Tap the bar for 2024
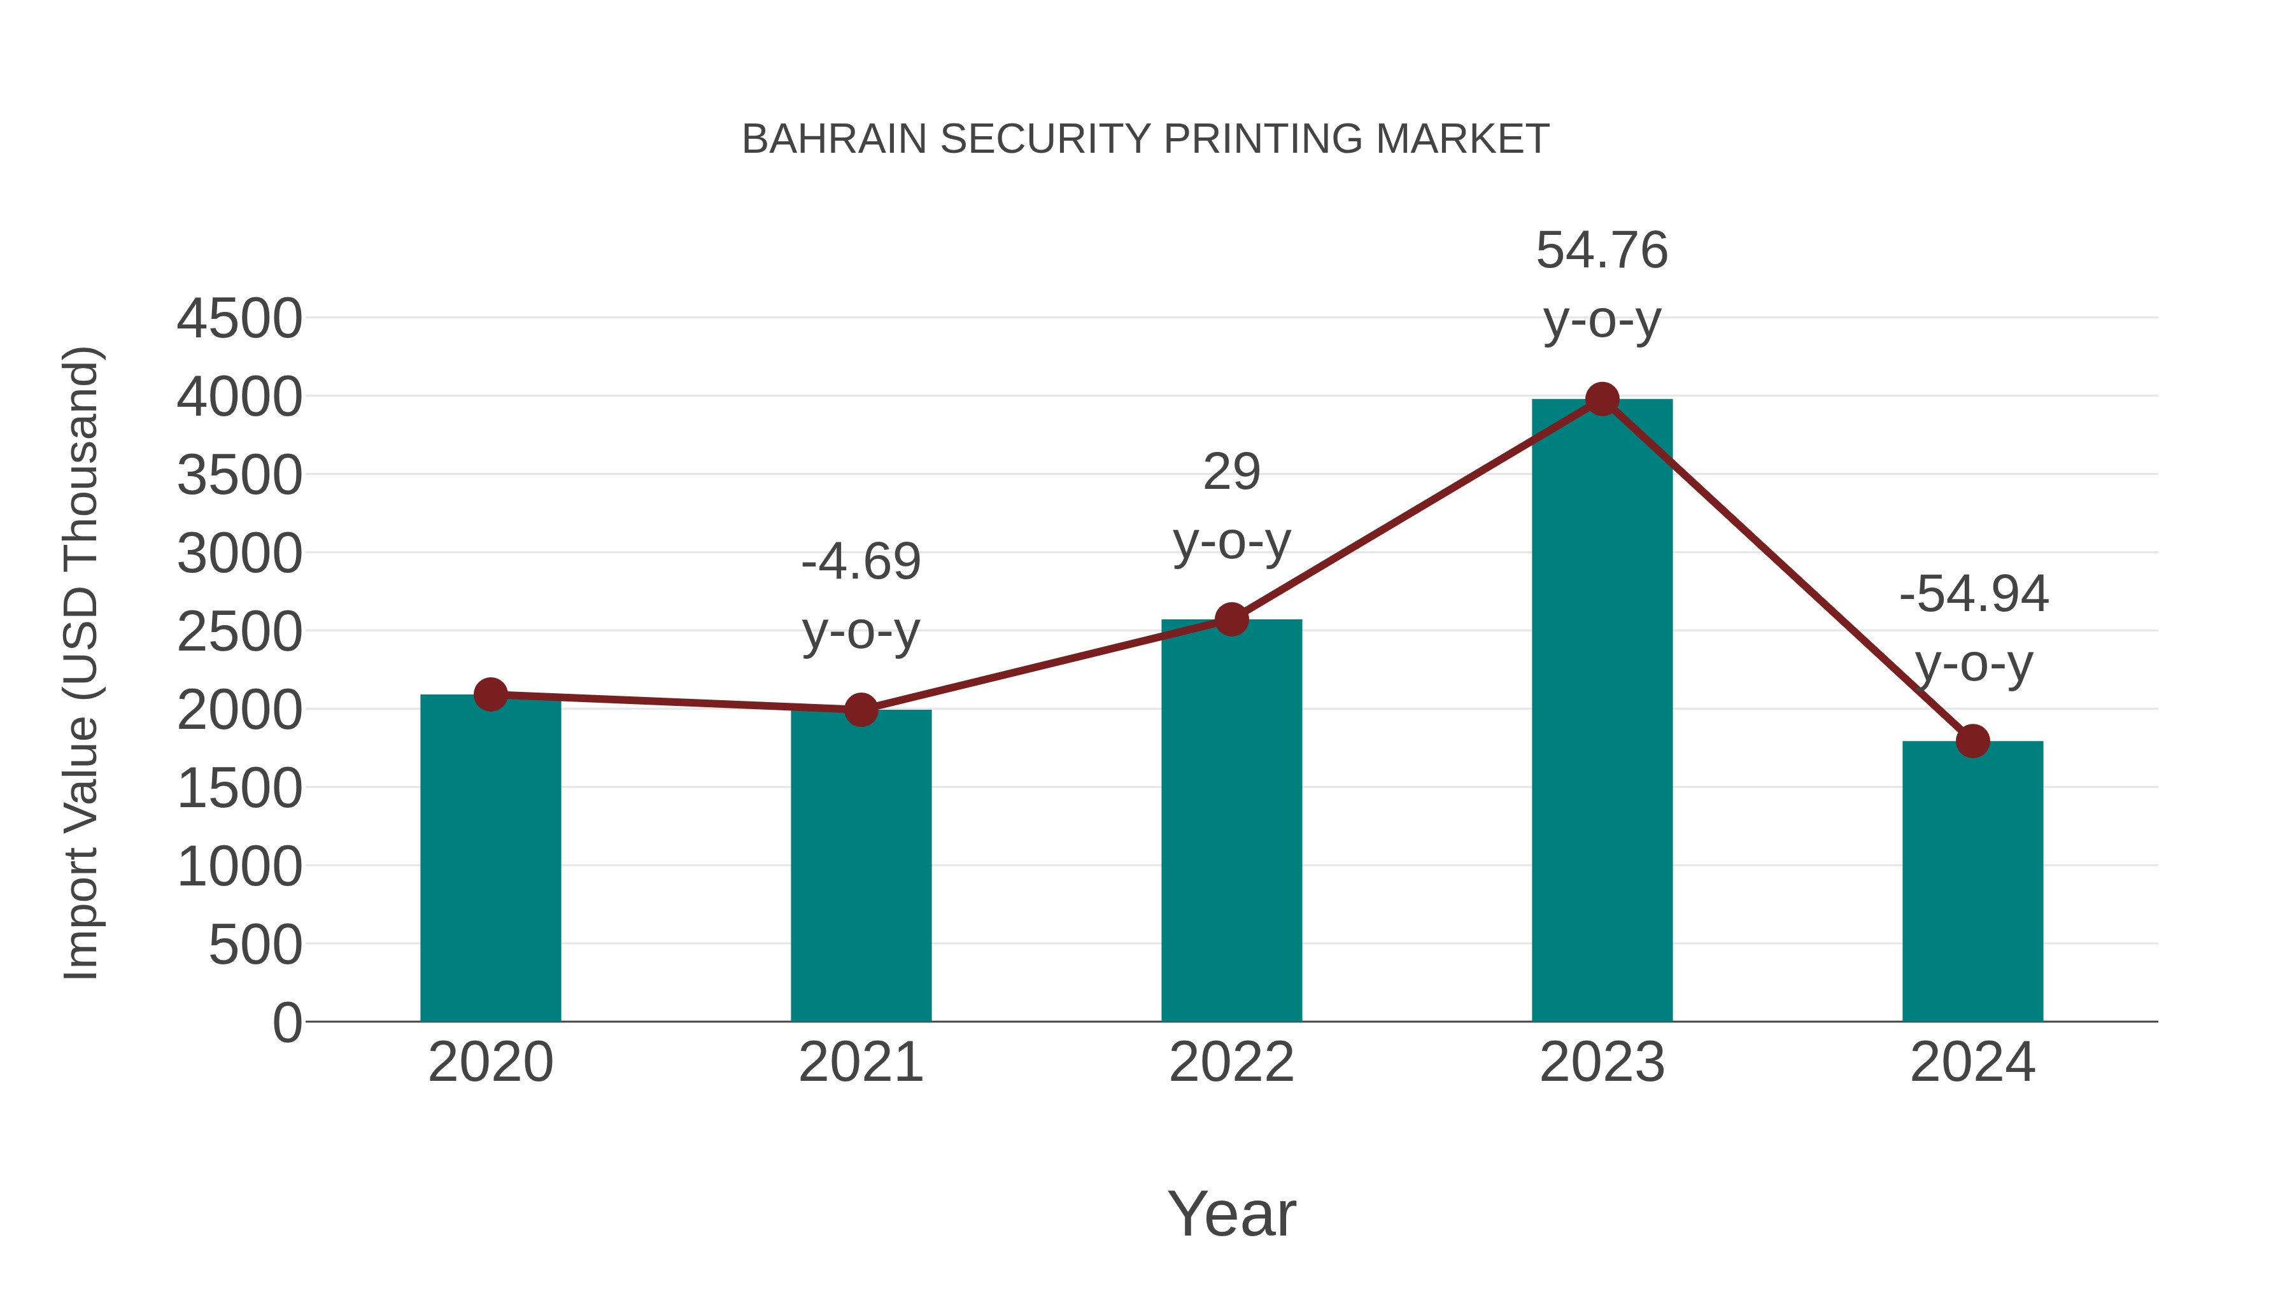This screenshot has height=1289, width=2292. [1972, 881]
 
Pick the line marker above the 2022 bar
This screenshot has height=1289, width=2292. [1231, 619]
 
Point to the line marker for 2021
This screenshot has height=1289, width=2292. [860, 710]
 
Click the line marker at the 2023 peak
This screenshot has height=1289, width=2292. [1602, 399]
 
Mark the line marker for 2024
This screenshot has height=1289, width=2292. [1972, 740]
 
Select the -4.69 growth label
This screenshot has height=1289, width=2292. [860, 562]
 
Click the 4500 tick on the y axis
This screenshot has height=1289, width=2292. [239, 318]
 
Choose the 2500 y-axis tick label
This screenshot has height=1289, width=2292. [239, 633]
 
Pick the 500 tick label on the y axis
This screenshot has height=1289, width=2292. [255, 945]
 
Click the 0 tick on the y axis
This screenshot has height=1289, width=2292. [287, 1023]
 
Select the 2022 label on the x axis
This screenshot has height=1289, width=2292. [1231, 1062]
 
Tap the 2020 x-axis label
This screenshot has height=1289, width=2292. [490, 1062]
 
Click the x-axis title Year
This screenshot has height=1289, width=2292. [1231, 1213]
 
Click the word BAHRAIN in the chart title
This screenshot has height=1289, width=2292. [833, 139]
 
